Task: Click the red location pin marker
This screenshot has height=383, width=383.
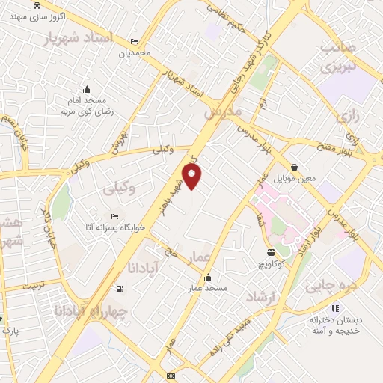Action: [192, 177]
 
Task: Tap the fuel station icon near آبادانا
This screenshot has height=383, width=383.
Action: [120, 289]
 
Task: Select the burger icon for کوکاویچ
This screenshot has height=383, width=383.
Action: [270, 252]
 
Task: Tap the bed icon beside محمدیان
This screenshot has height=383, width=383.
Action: [134, 42]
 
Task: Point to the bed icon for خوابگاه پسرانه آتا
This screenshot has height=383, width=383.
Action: [114, 217]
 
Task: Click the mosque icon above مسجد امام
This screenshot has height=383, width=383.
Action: [87, 89]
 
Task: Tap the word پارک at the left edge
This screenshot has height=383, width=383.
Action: [10, 330]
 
